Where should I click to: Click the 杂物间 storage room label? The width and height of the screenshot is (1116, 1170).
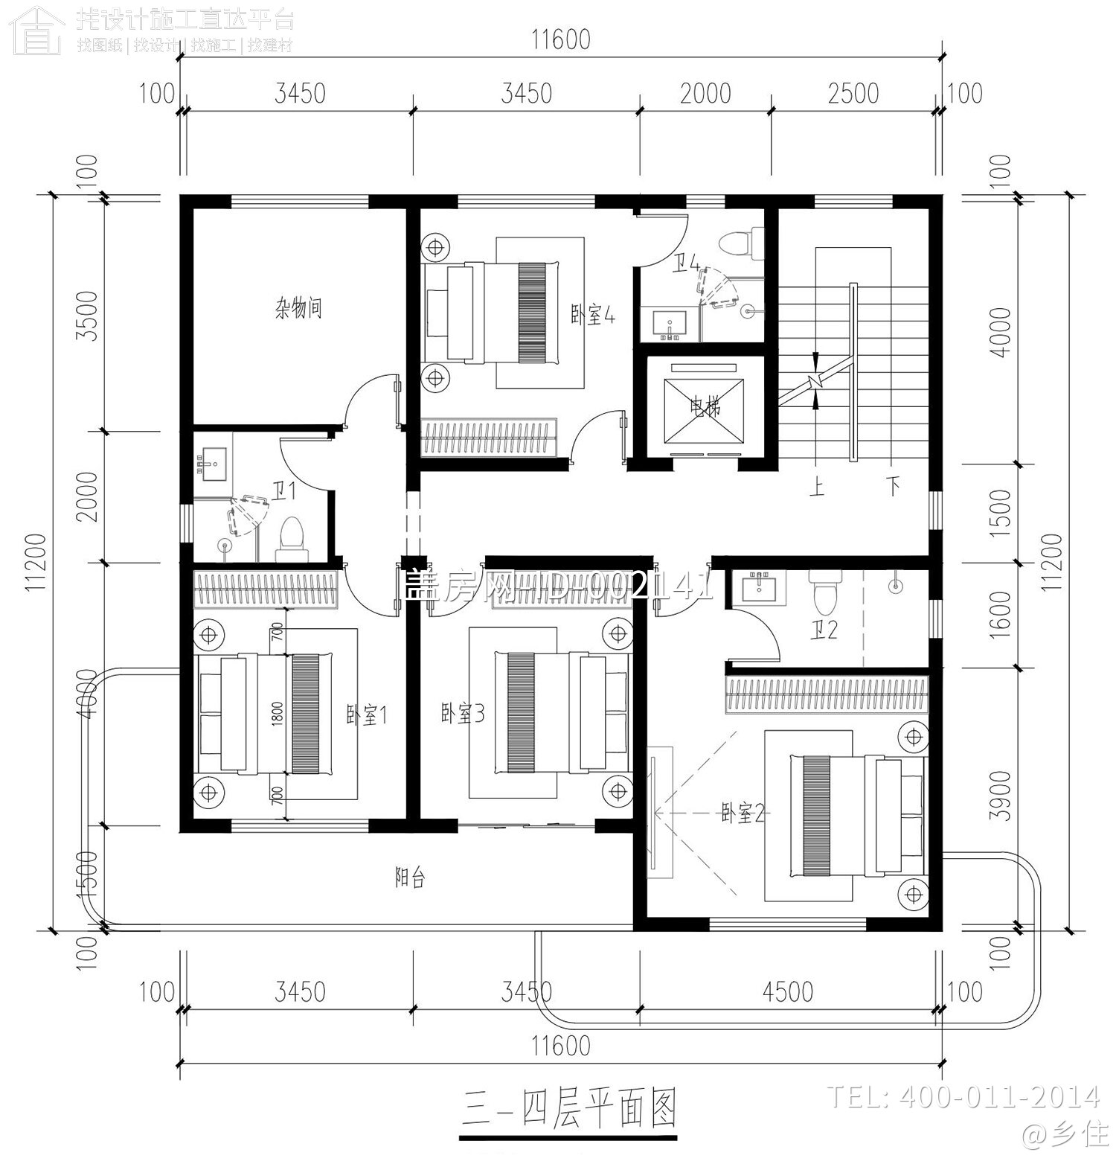(x=298, y=307)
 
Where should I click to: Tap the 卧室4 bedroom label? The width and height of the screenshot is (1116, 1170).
(x=593, y=315)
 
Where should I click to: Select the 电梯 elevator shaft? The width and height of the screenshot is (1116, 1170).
(x=705, y=406)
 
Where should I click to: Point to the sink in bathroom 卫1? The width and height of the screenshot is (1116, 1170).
(x=214, y=460)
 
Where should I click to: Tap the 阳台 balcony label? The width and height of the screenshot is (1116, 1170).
(x=409, y=877)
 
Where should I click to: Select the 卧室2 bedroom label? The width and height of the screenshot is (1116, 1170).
(x=743, y=813)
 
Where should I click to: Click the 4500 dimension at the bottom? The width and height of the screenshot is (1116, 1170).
(x=788, y=991)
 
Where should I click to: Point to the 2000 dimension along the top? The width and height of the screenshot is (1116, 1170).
(x=705, y=94)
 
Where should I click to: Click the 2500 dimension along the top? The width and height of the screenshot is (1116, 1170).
(x=853, y=94)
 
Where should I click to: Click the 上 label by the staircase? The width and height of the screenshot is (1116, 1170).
(x=817, y=487)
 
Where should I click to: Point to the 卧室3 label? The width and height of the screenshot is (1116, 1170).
(x=462, y=715)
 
